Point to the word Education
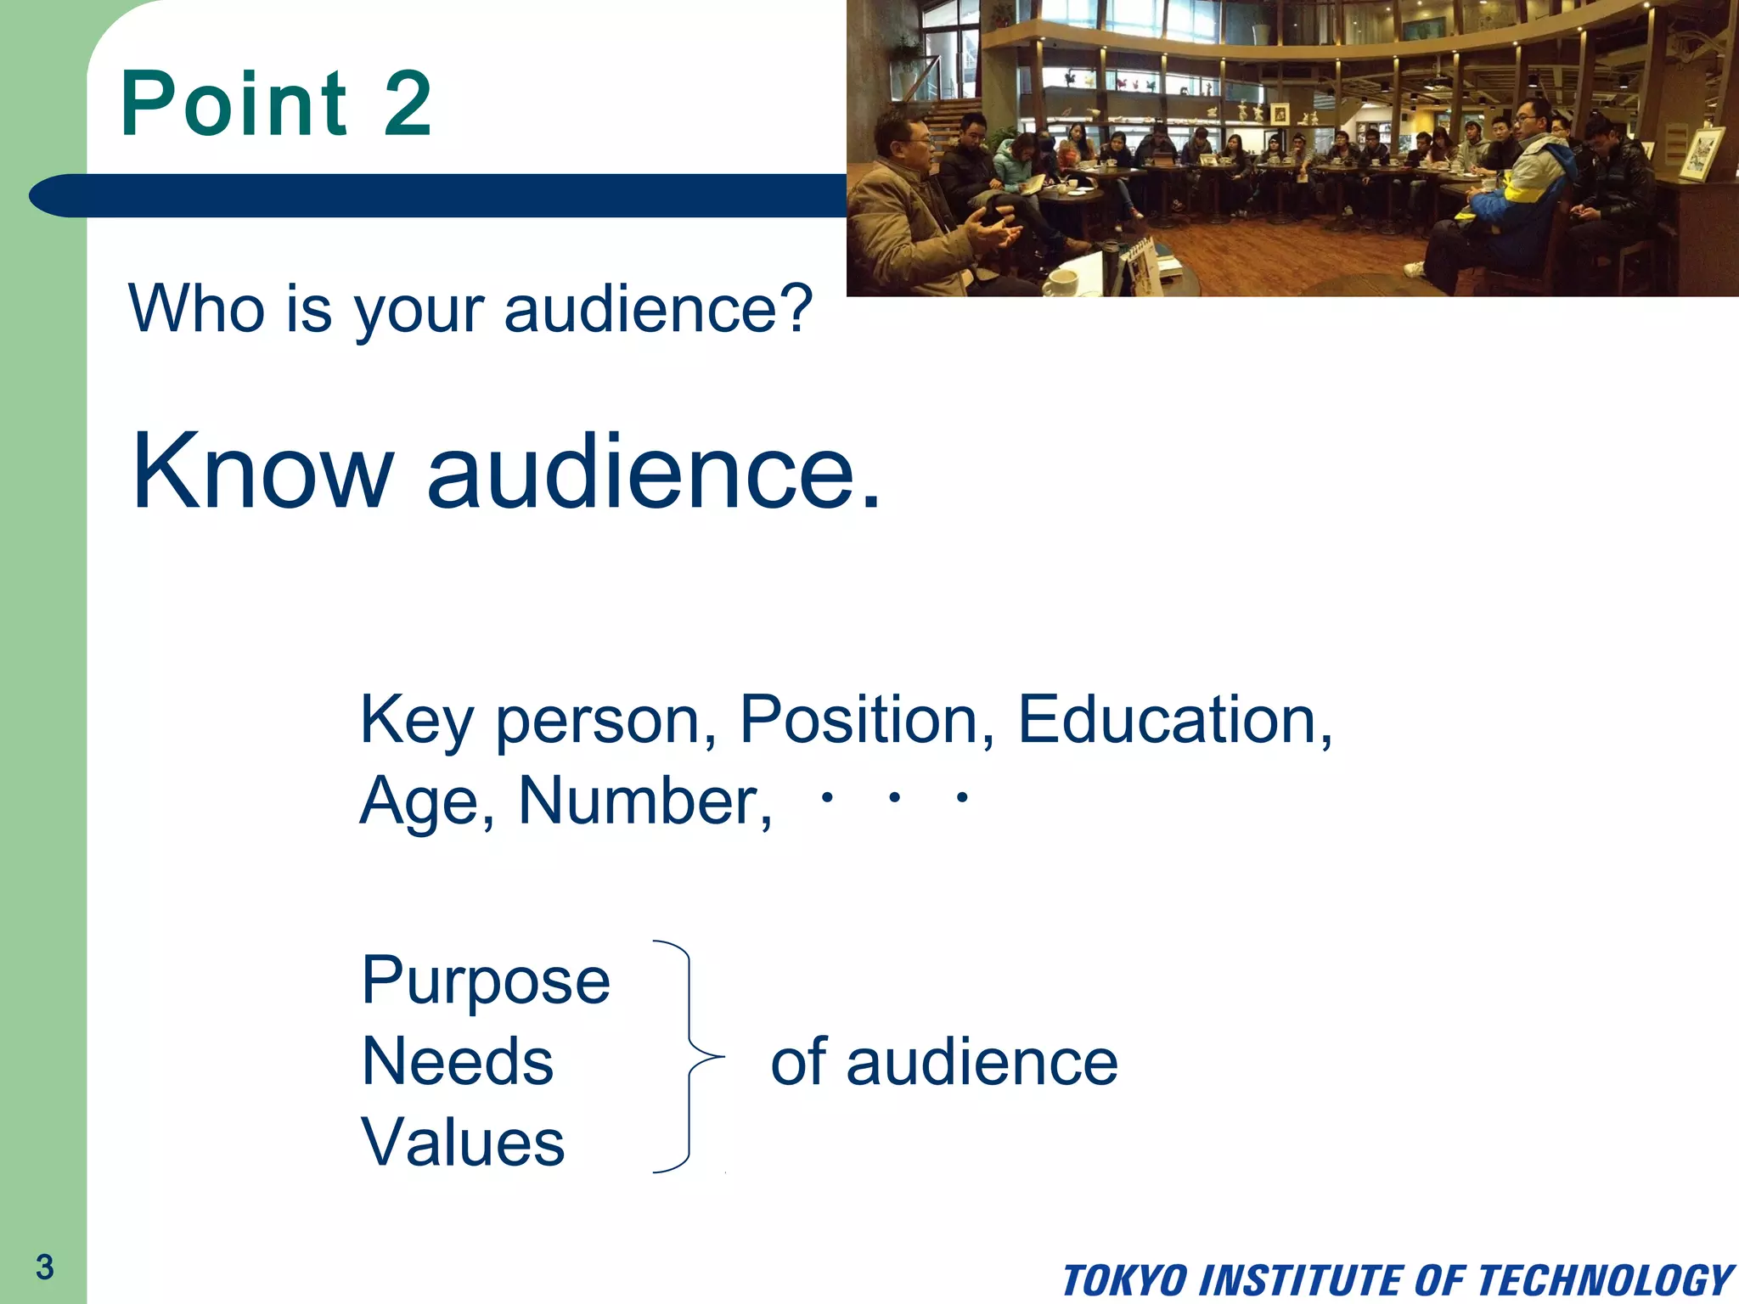1174,720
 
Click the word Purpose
486,981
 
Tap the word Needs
458,1061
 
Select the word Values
464,1142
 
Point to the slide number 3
45,1267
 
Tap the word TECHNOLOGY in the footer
1606,1280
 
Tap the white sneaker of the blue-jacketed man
1414,270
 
